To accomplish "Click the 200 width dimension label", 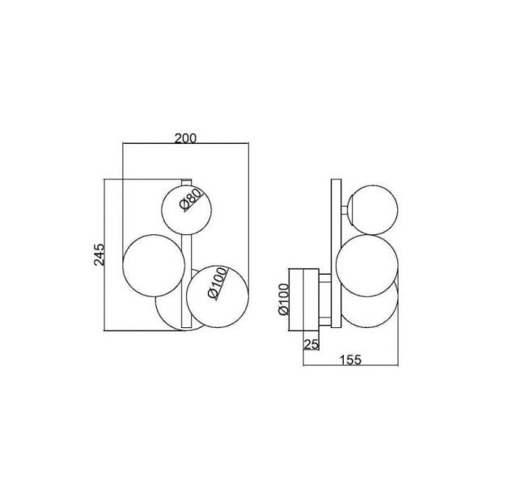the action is coord(185,138).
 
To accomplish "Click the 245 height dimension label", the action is coord(99,254).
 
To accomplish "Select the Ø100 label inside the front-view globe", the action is coord(218,283).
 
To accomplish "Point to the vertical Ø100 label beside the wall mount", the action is coord(283,299).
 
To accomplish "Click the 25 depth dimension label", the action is coord(311,344).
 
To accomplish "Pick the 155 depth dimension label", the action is coord(351,359).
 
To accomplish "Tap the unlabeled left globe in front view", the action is coord(154,266).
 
